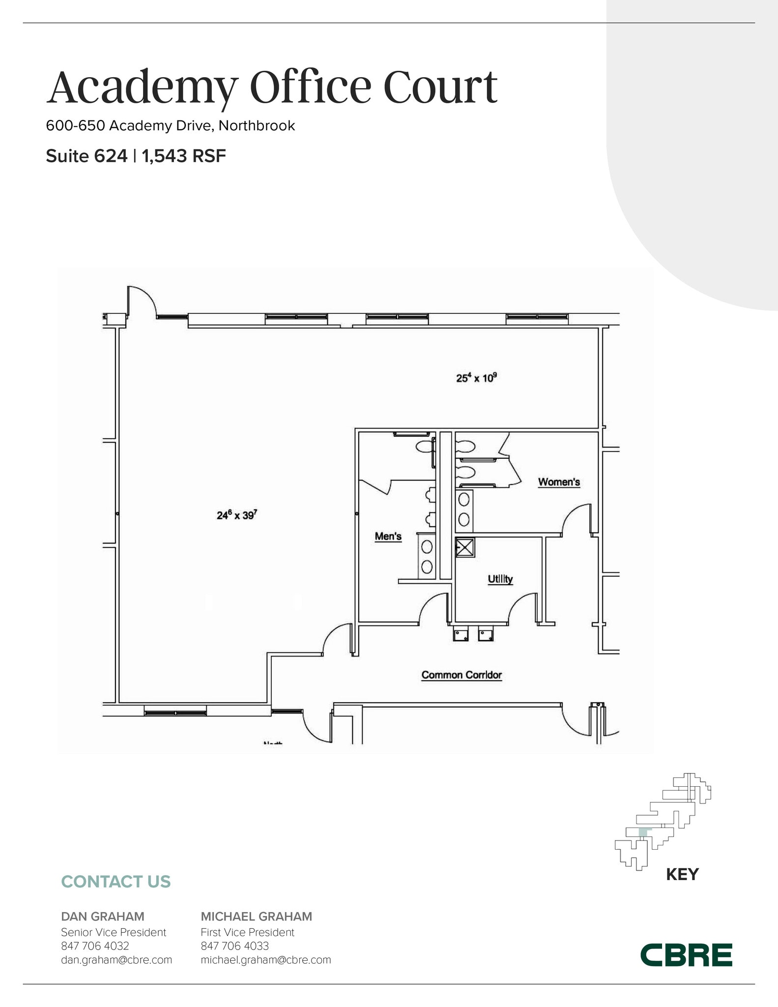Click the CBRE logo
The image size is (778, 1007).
pos(686,954)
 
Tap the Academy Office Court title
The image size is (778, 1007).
pos(272,87)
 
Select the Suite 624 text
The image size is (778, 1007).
pos(86,156)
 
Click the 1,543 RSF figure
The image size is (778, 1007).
pos(184,156)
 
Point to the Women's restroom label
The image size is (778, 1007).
pos(559,482)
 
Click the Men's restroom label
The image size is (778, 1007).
pos(388,536)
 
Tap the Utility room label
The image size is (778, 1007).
pos(500,579)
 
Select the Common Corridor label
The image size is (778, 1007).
pos(461,675)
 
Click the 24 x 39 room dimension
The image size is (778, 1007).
pos(237,515)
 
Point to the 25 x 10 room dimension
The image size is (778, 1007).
pos(476,378)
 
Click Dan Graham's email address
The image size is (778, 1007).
pos(116,959)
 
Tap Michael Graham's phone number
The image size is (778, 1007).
pos(234,946)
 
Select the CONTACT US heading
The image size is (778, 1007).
pos(115,882)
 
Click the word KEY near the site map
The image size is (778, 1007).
pos(682,874)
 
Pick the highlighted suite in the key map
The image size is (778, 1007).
pos(643,832)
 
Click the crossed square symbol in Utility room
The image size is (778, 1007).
pos(464,547)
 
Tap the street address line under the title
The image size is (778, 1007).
pos(170,126)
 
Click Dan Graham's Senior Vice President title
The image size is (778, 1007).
pos(114,932)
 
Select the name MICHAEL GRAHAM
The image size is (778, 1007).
pos(256,917)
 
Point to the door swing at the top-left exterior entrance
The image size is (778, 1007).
pos(142,301)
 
